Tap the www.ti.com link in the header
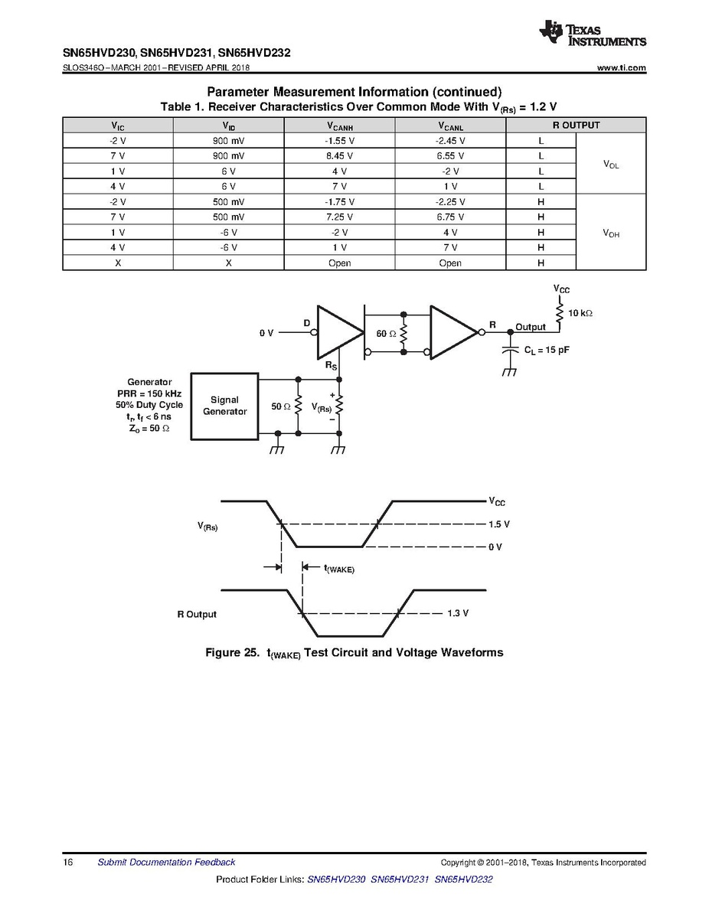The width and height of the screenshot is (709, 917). pyautogui.click(x=621, y=68)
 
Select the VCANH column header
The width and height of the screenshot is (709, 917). pyautogui.click(x=339, y=126)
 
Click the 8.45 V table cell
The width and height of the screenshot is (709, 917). pyautogui.click(x=339, y=156)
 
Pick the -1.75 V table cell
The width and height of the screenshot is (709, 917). pyautogui.click(x=339, y=202)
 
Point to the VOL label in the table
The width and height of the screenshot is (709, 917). pyautogui.click(x=610, y=164)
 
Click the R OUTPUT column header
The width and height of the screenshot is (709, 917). pyautogui.click(x=576, y=126)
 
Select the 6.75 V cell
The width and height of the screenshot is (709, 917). pyautogui.click(x=450, y=217)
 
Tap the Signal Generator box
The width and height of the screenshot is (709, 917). pyautogui.click(x=225, y=406)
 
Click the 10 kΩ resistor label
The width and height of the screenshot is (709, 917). pyautogui.click(x=580, y=313)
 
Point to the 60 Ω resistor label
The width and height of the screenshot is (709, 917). pyautogui.click(x=386, y=334)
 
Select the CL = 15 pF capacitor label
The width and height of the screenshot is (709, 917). pyautogui.click(x=547, y=350)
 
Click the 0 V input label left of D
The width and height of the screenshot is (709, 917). pyautogui.click(x=266, y=333)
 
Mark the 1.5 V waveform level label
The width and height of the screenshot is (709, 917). pyautogui.click(x=498, y=524)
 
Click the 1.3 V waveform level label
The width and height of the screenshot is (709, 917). pyautogui.click(x=456, y=614)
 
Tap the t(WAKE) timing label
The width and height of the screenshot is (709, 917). pyautogui.click(x=338, y=568)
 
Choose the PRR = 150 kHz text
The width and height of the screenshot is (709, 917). pyautogui.click(x=149, y=393)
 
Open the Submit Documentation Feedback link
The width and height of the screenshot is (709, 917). pyautogui.click(x=166, y=863)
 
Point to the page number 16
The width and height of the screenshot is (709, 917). pyautogui.click(x=68, y=863)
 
